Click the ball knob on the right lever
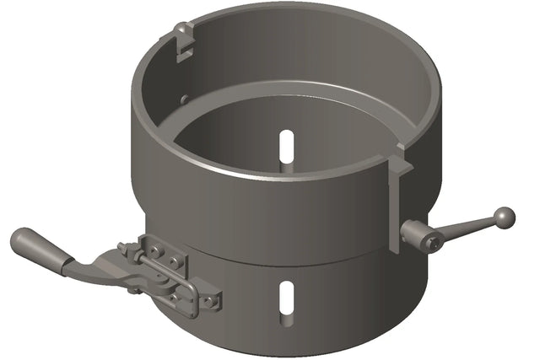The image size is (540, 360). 504,218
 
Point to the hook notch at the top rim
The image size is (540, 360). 184,38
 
